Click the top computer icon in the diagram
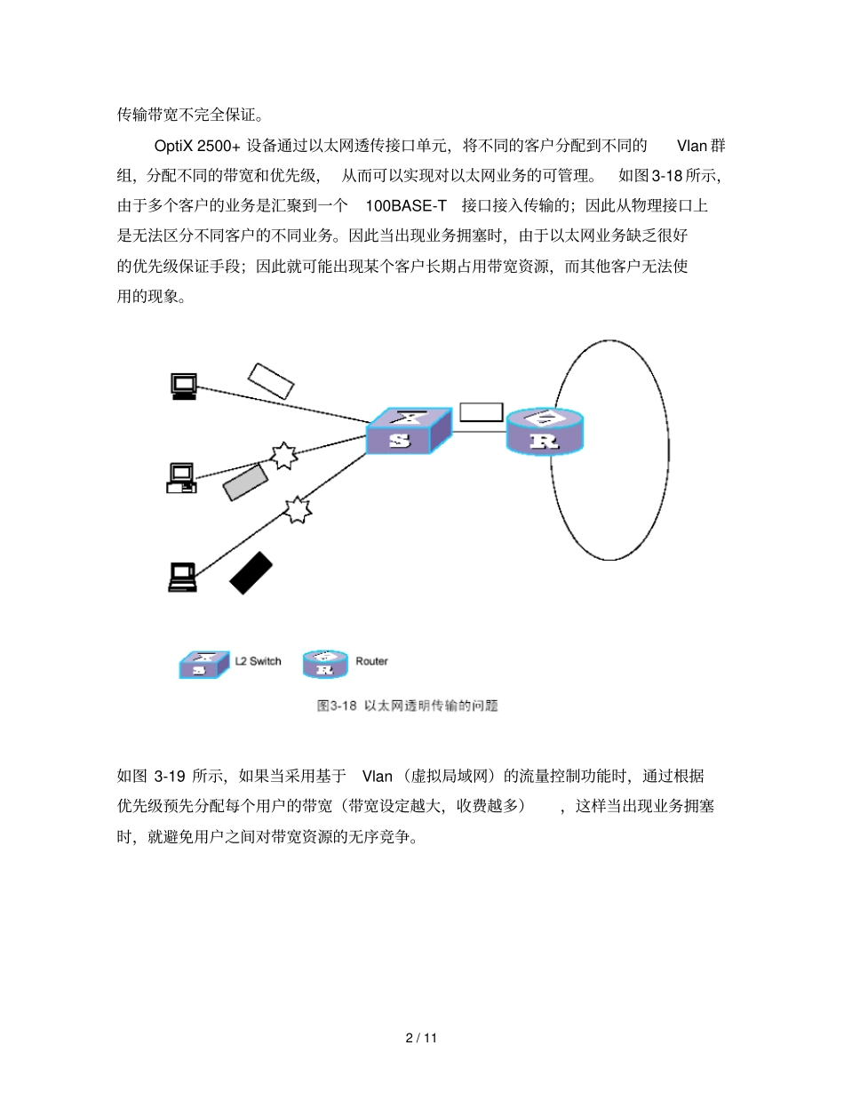[x=184, y=386]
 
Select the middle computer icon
[x=181, y=478]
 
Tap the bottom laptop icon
[x=183, y=577]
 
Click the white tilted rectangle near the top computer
[x=270, y=380]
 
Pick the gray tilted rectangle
[x=245, y=481]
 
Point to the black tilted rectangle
[x=251, y=572]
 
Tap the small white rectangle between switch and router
[x=481, y=412]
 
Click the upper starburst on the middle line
[x=283, y=455]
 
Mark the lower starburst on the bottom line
[x=298, y=509]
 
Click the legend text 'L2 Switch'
[x=258, y=661]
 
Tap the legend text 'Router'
[x=371, y=661]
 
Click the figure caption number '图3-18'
[x=337, y=706]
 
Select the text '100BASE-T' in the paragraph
[x=406, y=205]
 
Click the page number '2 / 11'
[x=422, y=1038]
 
